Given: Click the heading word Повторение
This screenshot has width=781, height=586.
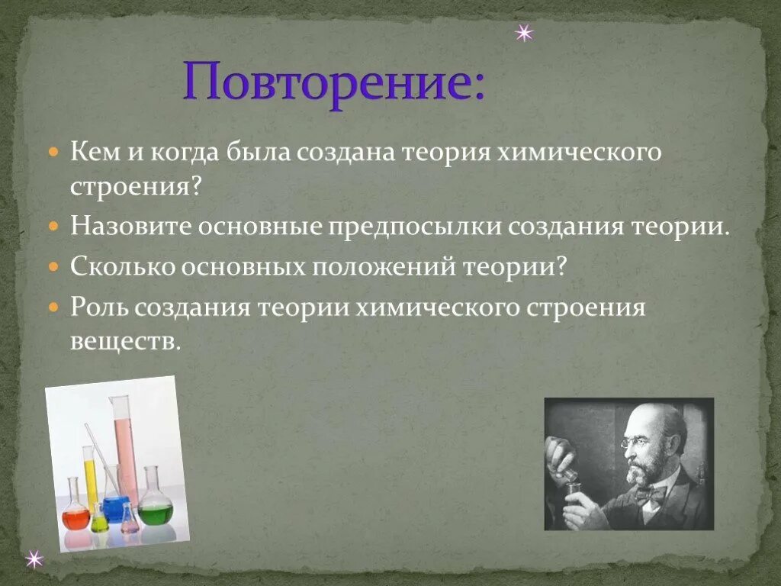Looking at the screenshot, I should point(333,83).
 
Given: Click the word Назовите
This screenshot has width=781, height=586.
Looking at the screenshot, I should point(130,227).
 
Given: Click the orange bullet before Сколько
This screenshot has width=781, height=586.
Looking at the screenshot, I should point(53,267).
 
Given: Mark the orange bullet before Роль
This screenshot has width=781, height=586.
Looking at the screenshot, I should point(53,307).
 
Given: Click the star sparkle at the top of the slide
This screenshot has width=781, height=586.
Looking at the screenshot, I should point(523,34).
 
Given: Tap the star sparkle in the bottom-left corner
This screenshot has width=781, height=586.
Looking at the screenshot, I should point(34,559).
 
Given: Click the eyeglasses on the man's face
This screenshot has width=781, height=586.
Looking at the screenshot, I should point(636,442).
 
